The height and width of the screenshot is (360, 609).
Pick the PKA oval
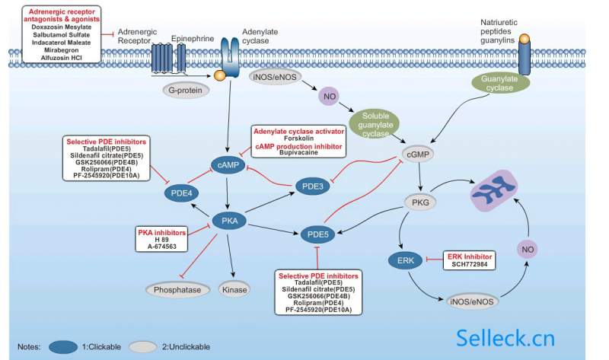[x=230, y=221]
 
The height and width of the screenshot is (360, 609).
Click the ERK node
[x=406, y=261]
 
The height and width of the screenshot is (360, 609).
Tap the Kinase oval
[x=234, y=289]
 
